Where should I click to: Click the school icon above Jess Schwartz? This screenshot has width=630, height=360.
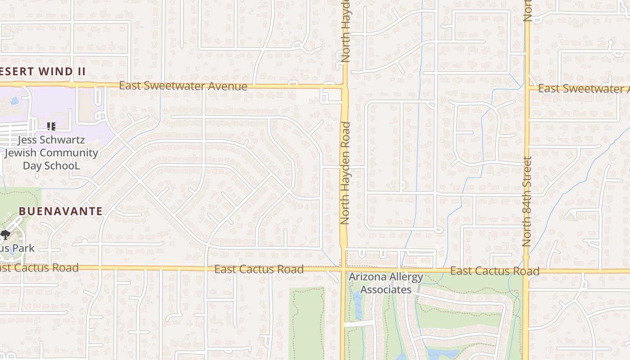51,126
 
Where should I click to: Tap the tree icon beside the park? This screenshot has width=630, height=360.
5,234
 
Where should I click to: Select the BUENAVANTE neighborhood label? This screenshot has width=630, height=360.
61,211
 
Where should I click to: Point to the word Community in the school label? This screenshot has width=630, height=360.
69,153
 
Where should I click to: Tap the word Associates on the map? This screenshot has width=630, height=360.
386,289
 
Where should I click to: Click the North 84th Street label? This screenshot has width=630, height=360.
527,201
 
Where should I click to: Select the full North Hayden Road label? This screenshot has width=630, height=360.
345,173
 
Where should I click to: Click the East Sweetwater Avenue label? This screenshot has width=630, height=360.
183,85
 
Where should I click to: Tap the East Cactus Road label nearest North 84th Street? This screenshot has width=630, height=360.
495,271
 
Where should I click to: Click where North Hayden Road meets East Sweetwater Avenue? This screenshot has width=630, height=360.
345,86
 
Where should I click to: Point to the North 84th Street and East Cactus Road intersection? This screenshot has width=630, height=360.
526,271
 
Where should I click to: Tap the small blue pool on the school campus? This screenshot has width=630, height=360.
14,100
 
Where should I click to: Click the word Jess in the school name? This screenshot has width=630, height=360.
27,140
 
